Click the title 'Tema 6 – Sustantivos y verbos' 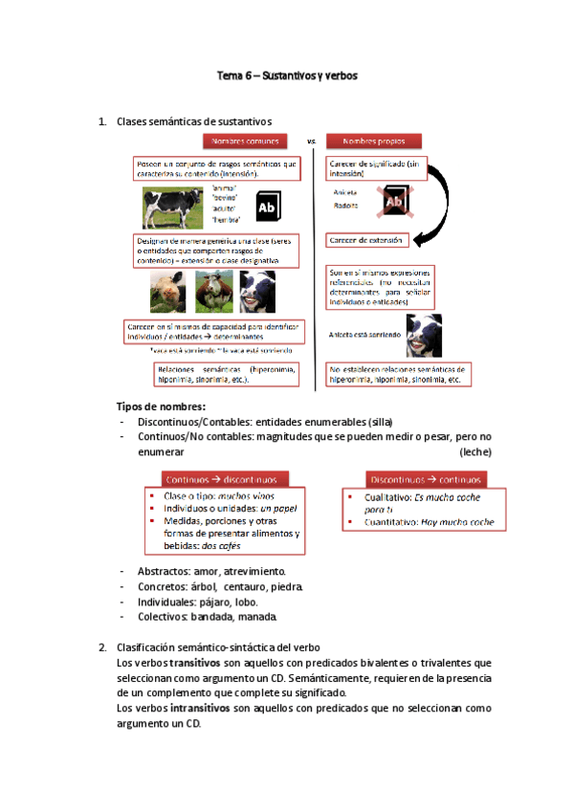(x=286, y=76)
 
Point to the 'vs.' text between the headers (x=311, y=142)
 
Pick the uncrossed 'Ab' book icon (x=269, y=208)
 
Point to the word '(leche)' (x=474, y=450)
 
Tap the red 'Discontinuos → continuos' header (x=425, y=479)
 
